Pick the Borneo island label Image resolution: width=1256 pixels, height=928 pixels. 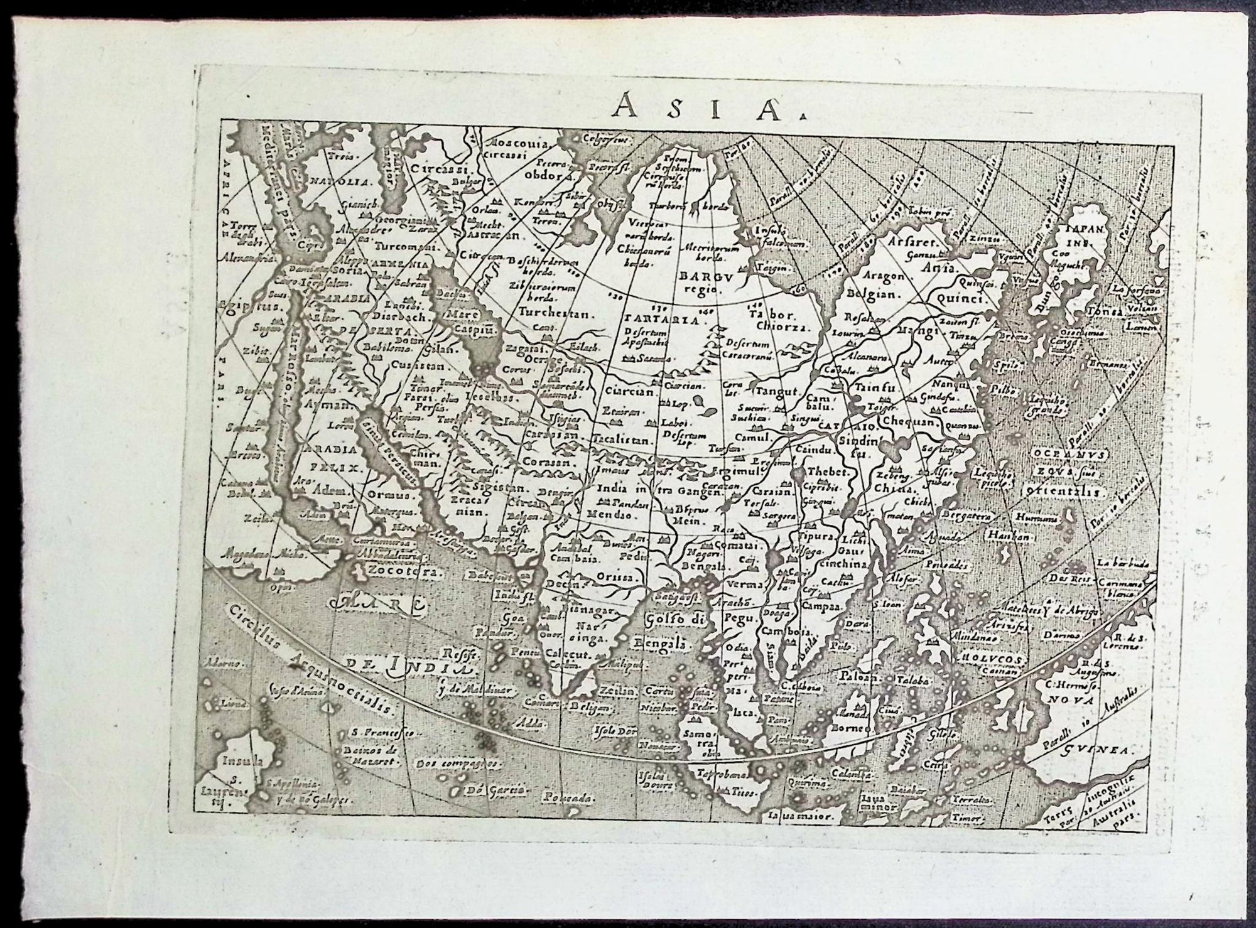click(852, 729)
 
